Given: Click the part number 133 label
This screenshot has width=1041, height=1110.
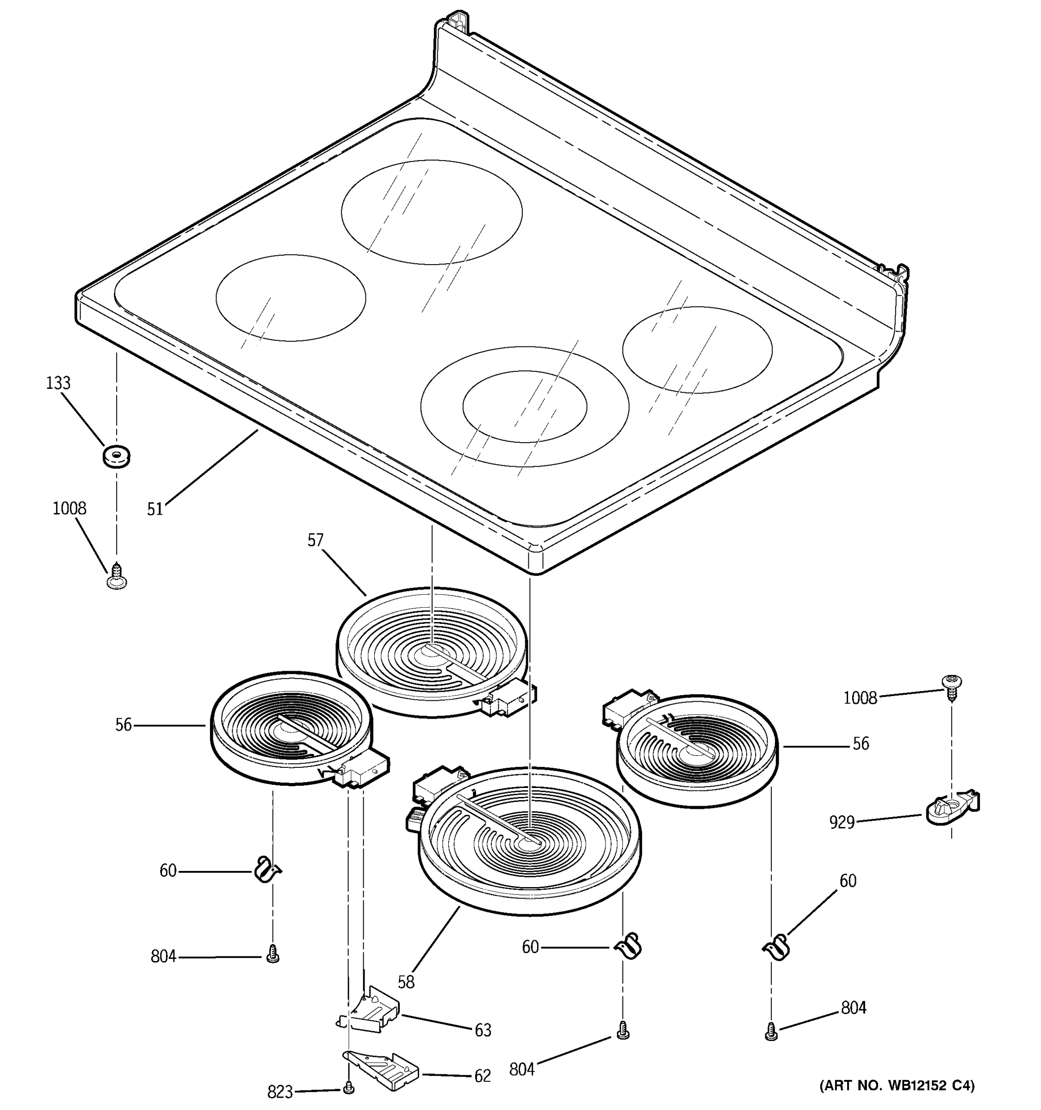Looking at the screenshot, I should [x=58, y=383].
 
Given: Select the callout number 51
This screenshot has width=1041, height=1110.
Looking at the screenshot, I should [x=155, y=509].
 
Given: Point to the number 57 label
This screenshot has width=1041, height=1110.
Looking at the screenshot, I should [x=315, y=540].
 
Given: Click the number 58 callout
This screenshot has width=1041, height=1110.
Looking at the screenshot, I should [x=406, y=982].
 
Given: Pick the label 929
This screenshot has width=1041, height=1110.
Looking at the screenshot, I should [x=842, y=822].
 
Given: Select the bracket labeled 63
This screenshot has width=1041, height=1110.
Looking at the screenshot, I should [x=370, y=1012].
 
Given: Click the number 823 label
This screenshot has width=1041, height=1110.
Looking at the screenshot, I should [x=280, y=1091].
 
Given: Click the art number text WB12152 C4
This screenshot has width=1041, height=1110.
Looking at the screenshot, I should [x=896, y=1086].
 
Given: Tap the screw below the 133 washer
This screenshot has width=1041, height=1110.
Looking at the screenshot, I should [x=116, y=577].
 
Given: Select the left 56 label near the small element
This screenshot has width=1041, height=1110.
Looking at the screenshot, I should [x=124, y=725].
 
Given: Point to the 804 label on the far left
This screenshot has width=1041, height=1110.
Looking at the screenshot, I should [x=163, y=956].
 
